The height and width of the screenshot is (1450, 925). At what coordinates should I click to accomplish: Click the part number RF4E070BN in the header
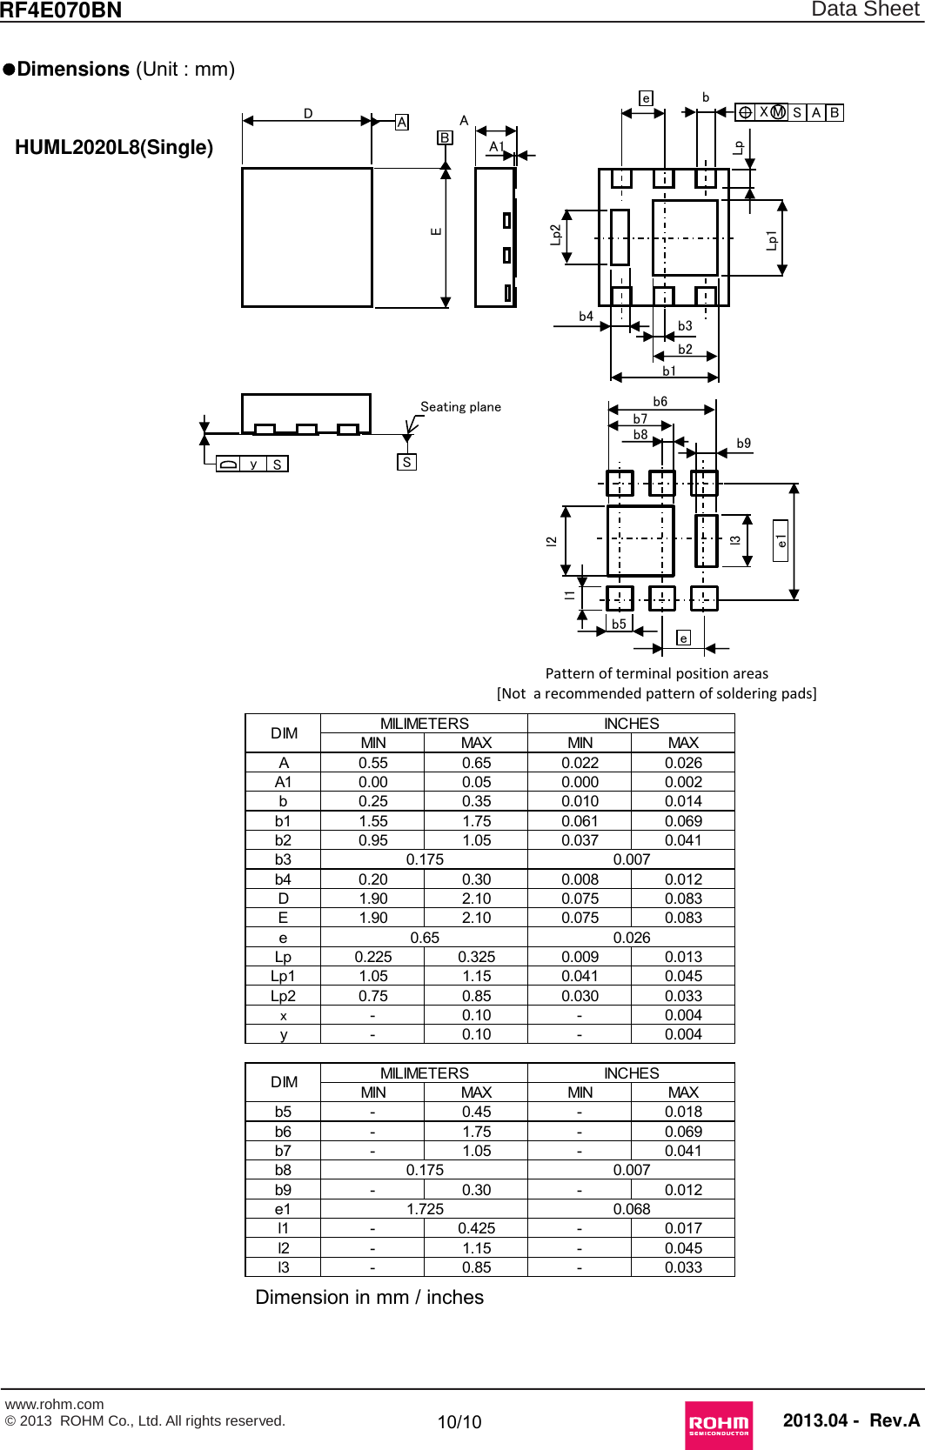61,10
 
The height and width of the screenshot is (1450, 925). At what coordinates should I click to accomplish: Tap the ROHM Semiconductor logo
719,1424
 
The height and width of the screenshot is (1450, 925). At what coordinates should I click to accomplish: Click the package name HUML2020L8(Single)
114,147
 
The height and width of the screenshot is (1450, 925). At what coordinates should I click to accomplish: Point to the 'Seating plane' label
460,406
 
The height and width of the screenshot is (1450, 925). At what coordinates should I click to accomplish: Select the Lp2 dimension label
555,235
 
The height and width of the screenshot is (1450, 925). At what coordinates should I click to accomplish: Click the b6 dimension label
660,402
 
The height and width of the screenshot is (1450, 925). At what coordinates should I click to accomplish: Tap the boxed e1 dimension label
781,540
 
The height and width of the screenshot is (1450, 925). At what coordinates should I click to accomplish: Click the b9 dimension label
743,443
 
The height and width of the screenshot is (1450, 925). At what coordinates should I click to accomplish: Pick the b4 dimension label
586,317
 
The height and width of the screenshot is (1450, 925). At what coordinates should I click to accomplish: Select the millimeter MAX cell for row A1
476,782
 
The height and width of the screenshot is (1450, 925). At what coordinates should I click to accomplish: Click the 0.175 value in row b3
425,859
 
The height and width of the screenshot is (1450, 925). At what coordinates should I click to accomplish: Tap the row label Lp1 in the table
283,976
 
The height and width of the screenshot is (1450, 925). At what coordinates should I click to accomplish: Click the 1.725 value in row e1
425,1209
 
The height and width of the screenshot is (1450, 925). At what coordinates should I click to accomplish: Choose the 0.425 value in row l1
476,1228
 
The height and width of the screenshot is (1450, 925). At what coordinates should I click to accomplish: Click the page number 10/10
459,1421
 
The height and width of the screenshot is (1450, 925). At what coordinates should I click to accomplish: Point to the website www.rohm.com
54,1404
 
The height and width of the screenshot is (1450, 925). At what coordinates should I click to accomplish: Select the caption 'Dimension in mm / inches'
369,1297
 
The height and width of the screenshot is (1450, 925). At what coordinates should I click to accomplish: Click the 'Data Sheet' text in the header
865,10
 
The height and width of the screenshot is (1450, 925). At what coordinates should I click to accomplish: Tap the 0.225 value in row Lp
373,957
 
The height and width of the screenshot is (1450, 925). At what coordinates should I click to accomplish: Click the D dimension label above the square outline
308,113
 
